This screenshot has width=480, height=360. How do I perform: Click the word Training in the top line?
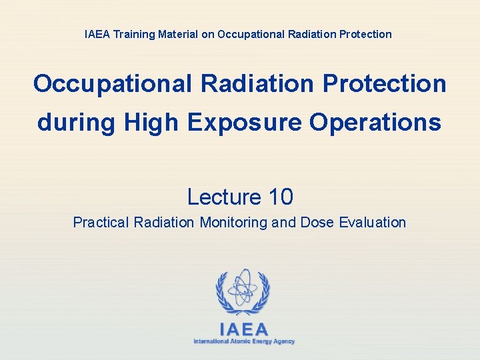point(135,34)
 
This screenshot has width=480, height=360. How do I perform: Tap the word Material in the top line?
point(178,34)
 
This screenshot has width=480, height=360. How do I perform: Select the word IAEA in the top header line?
point(98,34)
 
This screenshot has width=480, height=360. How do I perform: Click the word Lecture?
point(223,197)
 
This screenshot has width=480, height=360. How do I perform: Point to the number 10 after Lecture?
point(281,197)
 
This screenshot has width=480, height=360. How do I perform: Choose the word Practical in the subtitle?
point(101,223)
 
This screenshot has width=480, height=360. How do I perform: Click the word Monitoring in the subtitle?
point(234,223)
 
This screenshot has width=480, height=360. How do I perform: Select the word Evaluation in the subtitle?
point(373,223)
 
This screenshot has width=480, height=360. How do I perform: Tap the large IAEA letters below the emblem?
point(243,329)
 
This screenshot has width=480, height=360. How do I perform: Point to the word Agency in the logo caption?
point(283,341)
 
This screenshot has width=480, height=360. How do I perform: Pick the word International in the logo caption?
point(209,341)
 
